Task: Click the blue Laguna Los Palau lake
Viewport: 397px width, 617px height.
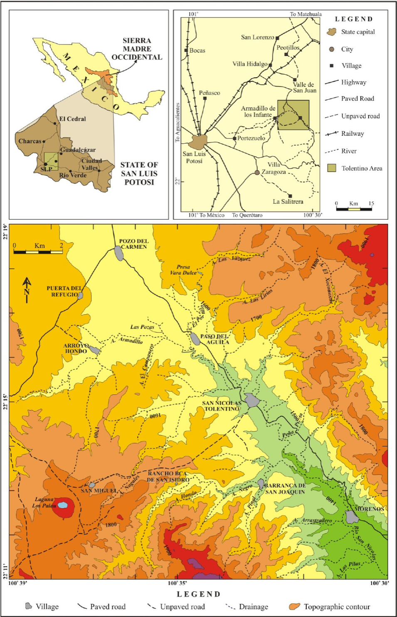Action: point(62,505)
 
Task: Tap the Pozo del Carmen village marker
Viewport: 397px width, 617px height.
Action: point(119,253)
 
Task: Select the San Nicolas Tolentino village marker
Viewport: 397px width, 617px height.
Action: point(252,400)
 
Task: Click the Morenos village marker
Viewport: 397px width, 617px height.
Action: point(352,517)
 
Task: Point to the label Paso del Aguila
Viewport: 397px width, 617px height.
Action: point(215,339)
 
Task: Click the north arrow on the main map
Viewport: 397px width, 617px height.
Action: point(27,289)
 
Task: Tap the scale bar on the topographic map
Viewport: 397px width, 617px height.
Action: point(38,252)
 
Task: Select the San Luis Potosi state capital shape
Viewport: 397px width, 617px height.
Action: point(197,142)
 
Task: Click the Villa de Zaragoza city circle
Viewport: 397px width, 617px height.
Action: point(257,172)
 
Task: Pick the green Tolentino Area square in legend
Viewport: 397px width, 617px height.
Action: point(331,168)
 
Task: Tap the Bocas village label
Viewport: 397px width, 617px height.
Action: point(197,51)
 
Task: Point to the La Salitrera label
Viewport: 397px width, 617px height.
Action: point(288,202)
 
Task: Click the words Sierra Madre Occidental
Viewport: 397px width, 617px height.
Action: point(137,49)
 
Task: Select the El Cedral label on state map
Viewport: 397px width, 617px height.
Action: point(72,119)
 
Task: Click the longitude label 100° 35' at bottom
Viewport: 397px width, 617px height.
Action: point(177,583)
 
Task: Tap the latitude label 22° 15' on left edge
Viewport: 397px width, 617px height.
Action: point(5,402)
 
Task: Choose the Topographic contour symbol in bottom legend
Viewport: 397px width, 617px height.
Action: point(294,607)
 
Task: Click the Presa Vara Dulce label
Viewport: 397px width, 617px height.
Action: point(183,270)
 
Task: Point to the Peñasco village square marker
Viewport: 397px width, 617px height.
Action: point(205,98)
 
